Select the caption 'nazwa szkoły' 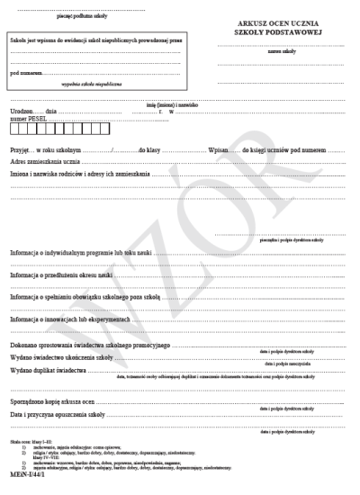click(x=270, y=51)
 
